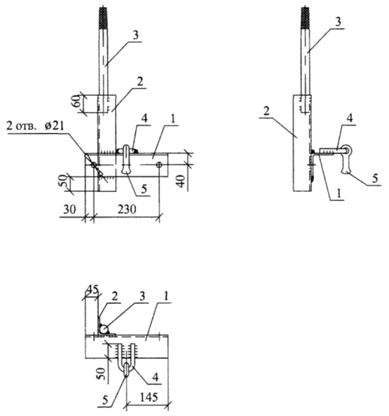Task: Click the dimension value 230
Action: click(x=127, y=209)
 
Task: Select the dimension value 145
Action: click(x=149, y=397)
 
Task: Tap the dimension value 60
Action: click(x=77, y=101)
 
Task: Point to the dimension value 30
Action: click(x=69, y=209)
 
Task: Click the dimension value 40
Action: click(x=181, y=181)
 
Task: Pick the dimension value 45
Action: click(x=92, y=288)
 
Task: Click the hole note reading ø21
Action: click(x=54, y=125)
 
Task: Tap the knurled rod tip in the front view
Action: click(x=103, y=18)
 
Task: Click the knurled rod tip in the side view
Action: click(x=305, y=18)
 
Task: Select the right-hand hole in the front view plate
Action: click(x=159, y=165)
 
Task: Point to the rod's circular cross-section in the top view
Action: click(x=104, y=329)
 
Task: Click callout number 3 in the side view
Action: click(x=338, y=22)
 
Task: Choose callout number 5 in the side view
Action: click(x=374, y=179)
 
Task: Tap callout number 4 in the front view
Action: click(x=144, y=119)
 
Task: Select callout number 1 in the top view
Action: click(x=166, y=297)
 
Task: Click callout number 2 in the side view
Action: click(x=266, y=110)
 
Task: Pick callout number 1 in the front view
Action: click(x=173, y=119)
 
